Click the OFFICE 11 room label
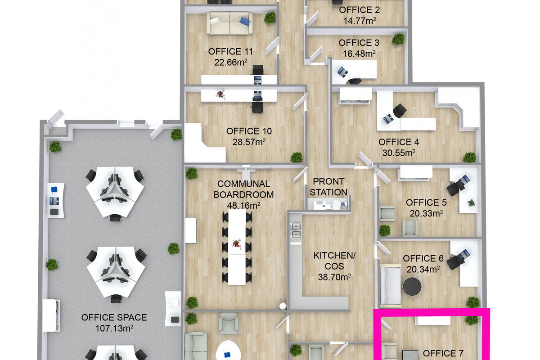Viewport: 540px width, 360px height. (x=230, y=51)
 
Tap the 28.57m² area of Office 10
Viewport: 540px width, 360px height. (x=249, y=142)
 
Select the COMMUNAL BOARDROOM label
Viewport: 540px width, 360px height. (x=243, y=189)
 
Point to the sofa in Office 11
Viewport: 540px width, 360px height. (x=230, y=23)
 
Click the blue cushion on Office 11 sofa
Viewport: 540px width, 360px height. (x=245, y=21)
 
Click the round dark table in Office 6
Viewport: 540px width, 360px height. (x=412, y=287)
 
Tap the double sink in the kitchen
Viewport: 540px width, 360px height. (x=296, y=230)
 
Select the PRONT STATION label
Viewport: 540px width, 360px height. (x=328, y=187)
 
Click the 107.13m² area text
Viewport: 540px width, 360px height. (x=114, y=328)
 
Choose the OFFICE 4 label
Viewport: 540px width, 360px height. (x=399, y=142)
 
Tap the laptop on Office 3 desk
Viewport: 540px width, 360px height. (x=342, y=72)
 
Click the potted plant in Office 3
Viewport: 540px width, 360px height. (x=398, y=39)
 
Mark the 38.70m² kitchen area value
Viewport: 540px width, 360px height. (x=334, y=277)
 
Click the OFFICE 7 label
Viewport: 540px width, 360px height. (x=443, y=353)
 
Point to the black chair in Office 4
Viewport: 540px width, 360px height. (x=400, y=111)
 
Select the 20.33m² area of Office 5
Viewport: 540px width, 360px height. (x=426, y=213)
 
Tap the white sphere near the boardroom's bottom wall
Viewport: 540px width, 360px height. (x=283, y=306)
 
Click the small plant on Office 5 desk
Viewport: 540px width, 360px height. (x=472, y=203)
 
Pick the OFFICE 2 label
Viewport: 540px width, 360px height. (x=360, y=10)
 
